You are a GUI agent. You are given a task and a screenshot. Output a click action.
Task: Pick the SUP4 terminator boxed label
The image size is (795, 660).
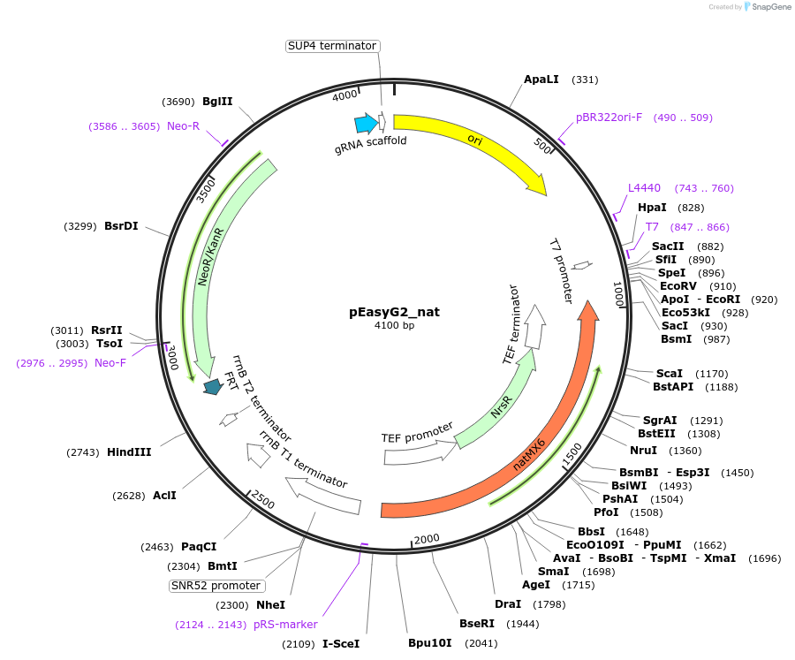point(332,46)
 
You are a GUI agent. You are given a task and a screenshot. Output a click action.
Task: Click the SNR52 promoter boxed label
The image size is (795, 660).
point(216,586)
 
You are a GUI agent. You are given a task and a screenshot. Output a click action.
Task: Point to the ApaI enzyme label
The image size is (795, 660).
point(541,80)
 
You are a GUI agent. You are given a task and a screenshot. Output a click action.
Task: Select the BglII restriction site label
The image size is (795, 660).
point(217,102)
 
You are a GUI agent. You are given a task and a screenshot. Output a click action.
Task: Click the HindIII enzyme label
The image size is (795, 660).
point(129,452)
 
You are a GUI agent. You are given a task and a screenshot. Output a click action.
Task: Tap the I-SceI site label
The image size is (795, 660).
point(341,644)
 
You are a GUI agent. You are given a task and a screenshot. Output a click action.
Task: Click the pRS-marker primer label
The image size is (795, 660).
point(285,625)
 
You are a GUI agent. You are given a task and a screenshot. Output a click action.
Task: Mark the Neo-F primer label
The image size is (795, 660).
point(110,363)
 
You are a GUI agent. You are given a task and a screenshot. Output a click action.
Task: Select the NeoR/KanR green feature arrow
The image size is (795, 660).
point(208,265)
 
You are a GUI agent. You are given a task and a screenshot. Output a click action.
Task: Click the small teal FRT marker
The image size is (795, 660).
point(213,386)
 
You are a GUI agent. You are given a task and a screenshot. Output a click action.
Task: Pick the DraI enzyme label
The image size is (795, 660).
point(508,604)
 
